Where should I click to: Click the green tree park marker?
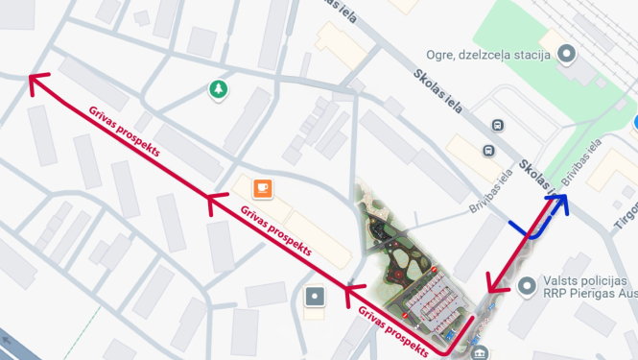point(220,90)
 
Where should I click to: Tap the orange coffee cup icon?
point(263,187)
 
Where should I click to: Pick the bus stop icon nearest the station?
point(497,126)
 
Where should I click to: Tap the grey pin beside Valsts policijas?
point(527,285)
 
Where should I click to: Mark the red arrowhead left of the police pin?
point(494,284)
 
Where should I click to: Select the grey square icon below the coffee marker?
point(314,298)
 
